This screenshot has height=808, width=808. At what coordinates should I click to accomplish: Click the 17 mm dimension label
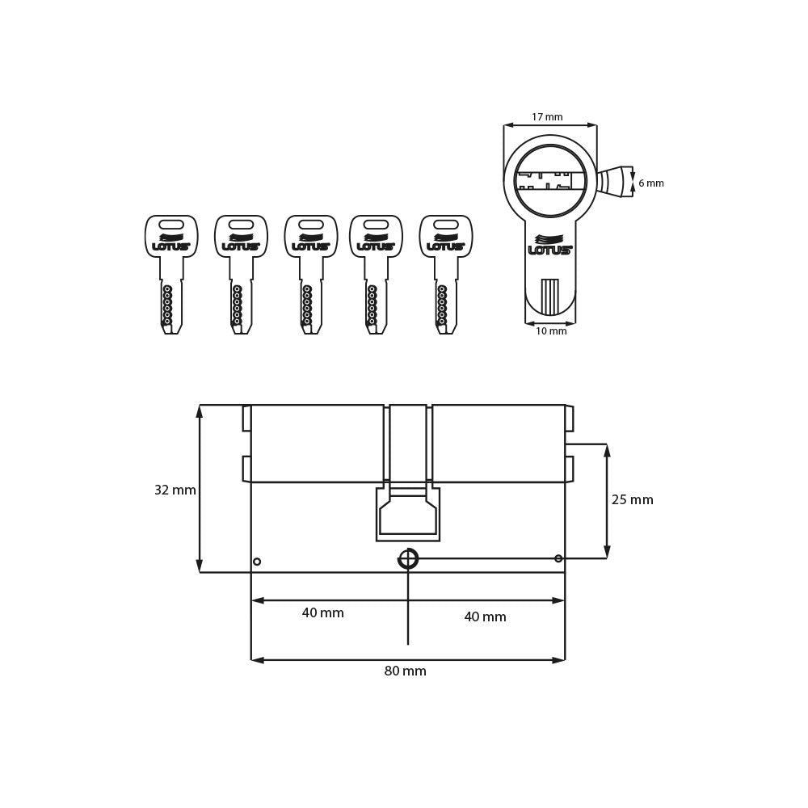[547, 117]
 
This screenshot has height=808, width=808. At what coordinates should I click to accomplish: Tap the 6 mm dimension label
[650, 183]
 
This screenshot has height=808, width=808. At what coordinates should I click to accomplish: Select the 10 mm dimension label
[551, 331]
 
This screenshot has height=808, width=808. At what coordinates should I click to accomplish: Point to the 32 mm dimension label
[175, 490]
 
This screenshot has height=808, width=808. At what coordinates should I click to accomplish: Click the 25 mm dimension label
[632, 500]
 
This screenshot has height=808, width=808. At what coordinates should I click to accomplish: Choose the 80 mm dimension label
[405, 671]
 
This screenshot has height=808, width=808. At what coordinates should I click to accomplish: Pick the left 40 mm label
[322, 613]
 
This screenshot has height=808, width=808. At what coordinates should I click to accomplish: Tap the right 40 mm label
[485, 617]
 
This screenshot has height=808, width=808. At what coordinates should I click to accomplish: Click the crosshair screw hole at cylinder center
[408, 558]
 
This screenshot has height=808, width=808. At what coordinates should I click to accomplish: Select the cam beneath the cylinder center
[408, 516]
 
